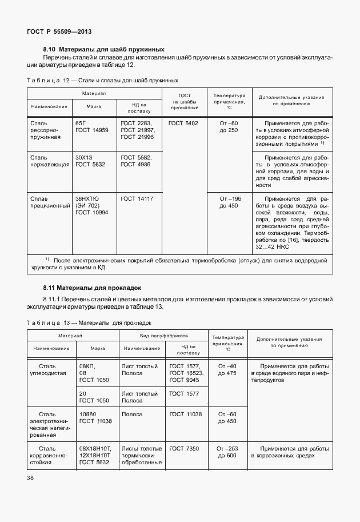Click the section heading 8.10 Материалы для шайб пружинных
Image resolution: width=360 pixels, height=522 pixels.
coord(104,49)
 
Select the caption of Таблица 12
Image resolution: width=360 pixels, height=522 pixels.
coord(102,81)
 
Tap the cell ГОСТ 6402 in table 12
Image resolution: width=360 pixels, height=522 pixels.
coord(183,123)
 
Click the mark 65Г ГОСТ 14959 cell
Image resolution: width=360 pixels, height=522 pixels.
coord(91,126)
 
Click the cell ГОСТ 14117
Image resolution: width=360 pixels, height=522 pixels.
coord(137,198)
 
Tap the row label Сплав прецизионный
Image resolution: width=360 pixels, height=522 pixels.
coord(49,202)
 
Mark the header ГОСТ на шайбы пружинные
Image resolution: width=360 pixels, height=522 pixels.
coord(184,101)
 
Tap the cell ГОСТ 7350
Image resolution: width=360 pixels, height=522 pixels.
coord(184,449)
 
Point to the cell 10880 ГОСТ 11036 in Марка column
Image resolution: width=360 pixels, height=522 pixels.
coord(95,417)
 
